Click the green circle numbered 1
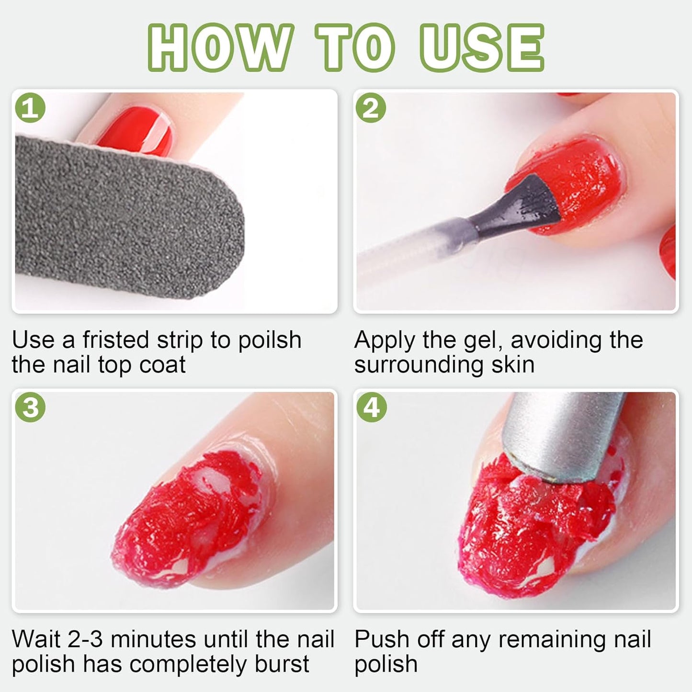tap(31, 108)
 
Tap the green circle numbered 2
tap(372, 108)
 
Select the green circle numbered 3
tap(31, 408)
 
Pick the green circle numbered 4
tap(372, 408)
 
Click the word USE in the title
tap(482, 48)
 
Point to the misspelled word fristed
tap(116, 340)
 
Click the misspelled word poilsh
tap(270, 340)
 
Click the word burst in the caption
tap(282, 664)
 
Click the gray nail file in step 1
tap(120, 216)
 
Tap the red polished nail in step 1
tap(139, 129)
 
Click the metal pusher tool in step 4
tap(565, 431)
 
